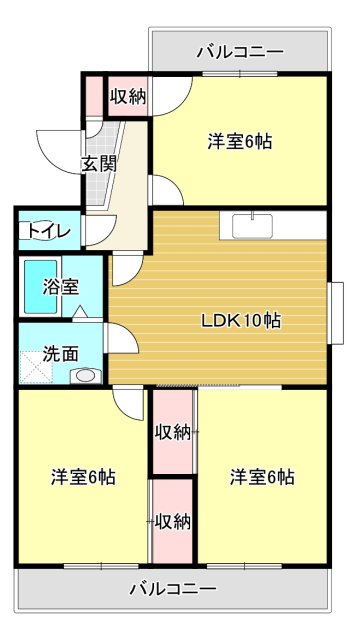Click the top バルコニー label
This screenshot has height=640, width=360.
(240, 51)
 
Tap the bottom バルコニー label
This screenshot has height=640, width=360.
(172, 589)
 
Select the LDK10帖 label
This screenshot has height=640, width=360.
(240, 321)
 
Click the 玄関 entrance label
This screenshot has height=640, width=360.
(98, 163)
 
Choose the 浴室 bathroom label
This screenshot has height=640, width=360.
(59, 287)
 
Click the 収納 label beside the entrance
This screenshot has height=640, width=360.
(127, 97)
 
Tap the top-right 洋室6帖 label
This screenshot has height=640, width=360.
(240, 141)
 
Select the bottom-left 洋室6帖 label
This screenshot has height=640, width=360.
(83, 477)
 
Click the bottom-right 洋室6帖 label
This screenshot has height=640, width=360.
(261, 477)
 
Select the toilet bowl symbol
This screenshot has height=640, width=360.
(28, 231)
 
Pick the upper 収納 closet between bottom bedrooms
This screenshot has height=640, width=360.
(173, 433)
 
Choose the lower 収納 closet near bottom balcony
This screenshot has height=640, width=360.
(173, 521)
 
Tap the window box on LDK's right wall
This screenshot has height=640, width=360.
(336, 313)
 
